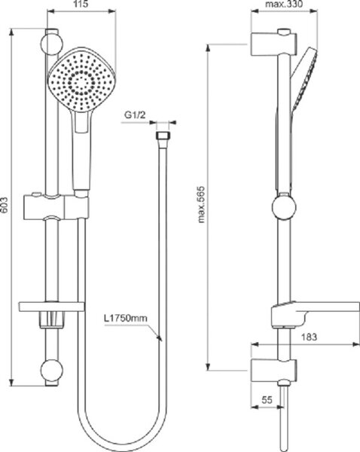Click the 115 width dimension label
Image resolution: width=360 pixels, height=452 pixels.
(81, 5)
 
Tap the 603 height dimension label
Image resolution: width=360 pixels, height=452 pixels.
(5, 206)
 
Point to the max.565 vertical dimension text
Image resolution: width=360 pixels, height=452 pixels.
(201, 205)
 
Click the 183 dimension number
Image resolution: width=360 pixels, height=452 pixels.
(310, 337)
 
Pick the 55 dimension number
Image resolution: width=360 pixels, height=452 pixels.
(267, 400)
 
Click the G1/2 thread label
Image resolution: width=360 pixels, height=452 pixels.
(135, 115)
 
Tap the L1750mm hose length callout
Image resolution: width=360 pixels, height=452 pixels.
(125, 319)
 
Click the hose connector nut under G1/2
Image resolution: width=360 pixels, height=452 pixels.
(163, 135)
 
